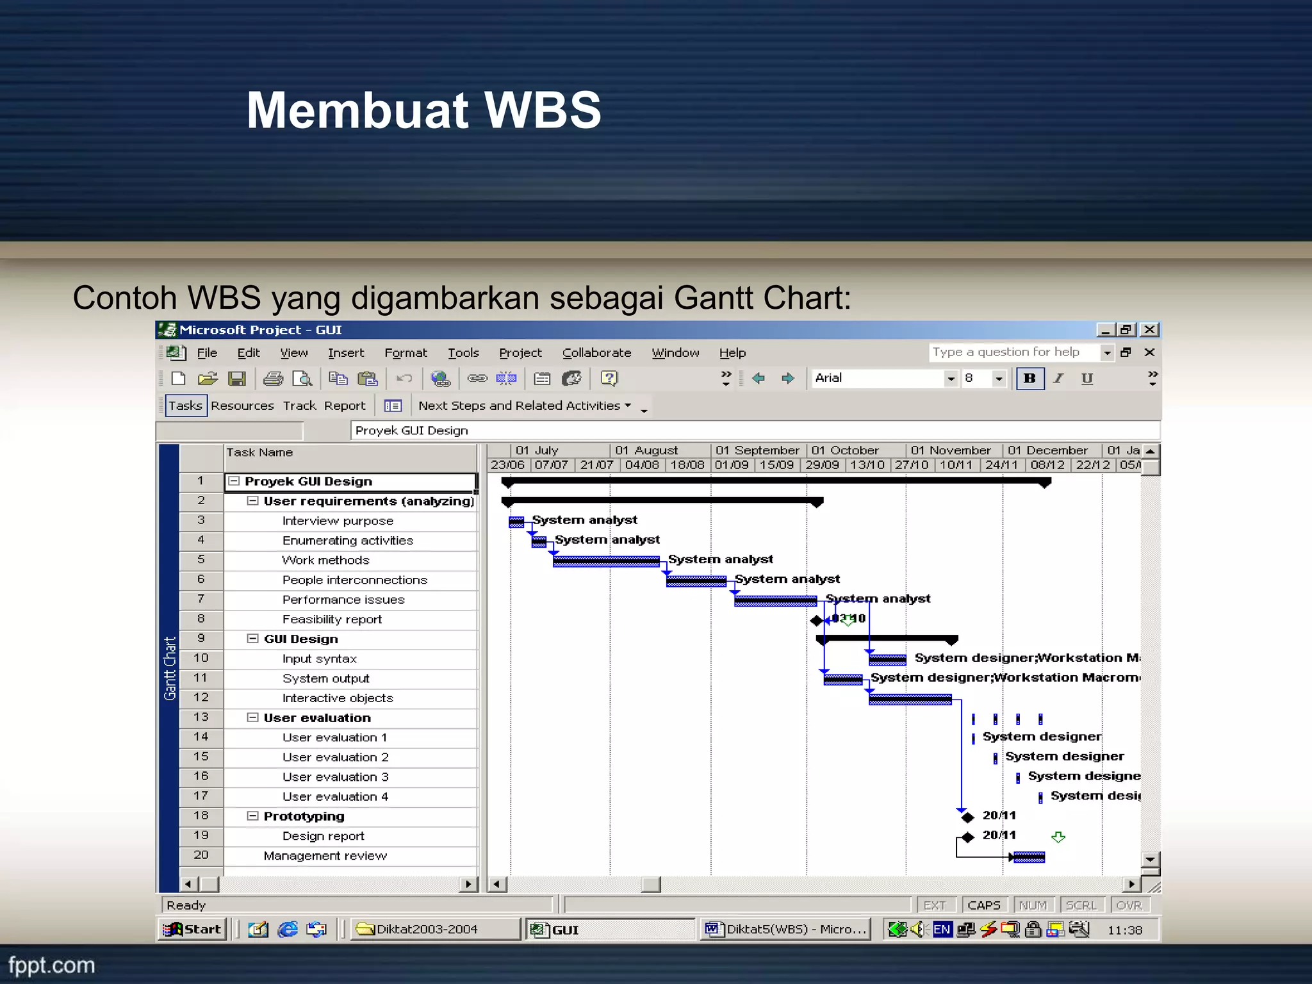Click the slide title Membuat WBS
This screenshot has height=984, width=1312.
click(x=423, y=110)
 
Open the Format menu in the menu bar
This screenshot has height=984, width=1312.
click(x=406, y=353)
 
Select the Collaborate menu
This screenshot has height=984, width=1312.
click(x=596, y=353)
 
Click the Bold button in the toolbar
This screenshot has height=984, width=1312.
click(x=1029, y=379)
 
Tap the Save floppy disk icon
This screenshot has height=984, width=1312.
click(x=237, y=379)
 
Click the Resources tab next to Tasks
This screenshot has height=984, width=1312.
click(x=242, y=406)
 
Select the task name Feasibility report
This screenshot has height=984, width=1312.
click(x=332, y=619)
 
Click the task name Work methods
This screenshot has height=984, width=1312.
click(x=325, y=561)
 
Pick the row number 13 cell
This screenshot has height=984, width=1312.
click(x=201, y=717)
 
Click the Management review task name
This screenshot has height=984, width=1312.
click(x=325, y=856)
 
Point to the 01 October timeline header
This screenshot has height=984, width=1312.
click(x=845, y=450)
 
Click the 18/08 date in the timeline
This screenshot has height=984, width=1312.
click(x=687, y=465)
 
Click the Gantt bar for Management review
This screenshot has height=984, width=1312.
click(x=1029, y=857)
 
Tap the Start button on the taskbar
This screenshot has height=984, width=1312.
click(x=192, y=930)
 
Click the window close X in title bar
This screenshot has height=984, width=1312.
click(x=1150, y=330)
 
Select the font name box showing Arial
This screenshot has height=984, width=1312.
click(x=878, y=379)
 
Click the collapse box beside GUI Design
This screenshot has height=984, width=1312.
click(x=253, y=639)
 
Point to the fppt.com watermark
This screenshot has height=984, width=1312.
click(x=51, y=965)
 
